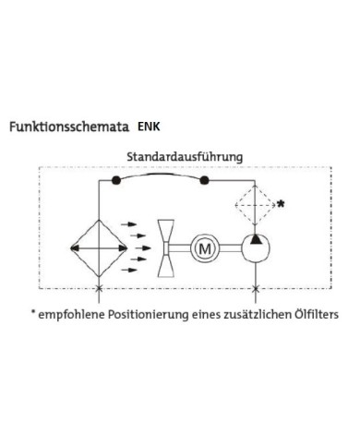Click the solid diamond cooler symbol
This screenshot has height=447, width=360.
[98, 248]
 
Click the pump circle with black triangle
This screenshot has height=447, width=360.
[255, 248]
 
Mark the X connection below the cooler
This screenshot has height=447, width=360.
[98, 290]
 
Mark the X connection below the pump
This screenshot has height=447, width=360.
[255, 290]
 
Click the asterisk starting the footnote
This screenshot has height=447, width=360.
[33, 312]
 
